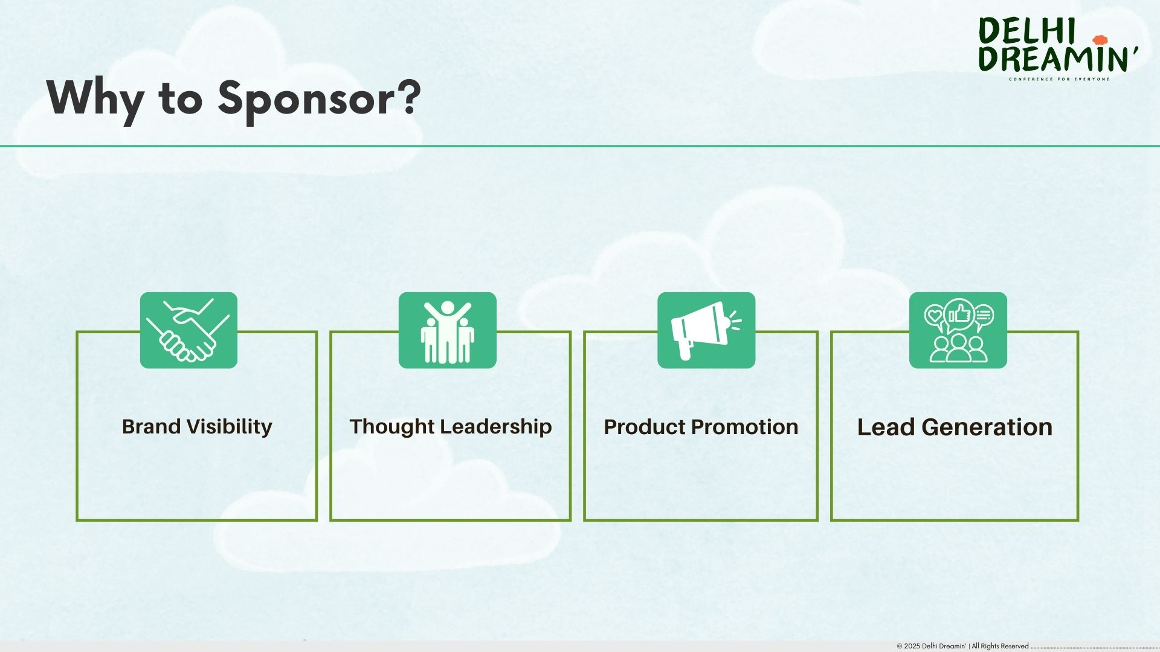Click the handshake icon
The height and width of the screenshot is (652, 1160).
(x=188, y=331)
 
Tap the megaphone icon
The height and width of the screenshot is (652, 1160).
(x=706, y=331)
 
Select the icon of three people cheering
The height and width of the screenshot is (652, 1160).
(x=447, y=331)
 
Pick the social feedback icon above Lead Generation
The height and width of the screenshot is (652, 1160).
(x=958, y=331)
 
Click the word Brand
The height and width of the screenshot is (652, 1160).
(x=152, y=427)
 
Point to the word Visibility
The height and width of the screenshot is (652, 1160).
(x=229, y=427)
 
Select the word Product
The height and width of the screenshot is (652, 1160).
(x=642, y=427)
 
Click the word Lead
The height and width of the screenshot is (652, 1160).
(x=885, y=427)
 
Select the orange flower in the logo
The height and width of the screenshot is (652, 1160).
(x=1100, y=40)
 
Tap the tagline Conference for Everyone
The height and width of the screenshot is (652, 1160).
(x=1059, y=79)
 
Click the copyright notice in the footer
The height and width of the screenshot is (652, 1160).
(x=962, y=646)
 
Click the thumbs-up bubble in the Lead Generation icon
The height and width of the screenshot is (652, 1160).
(x=959, y=314)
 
